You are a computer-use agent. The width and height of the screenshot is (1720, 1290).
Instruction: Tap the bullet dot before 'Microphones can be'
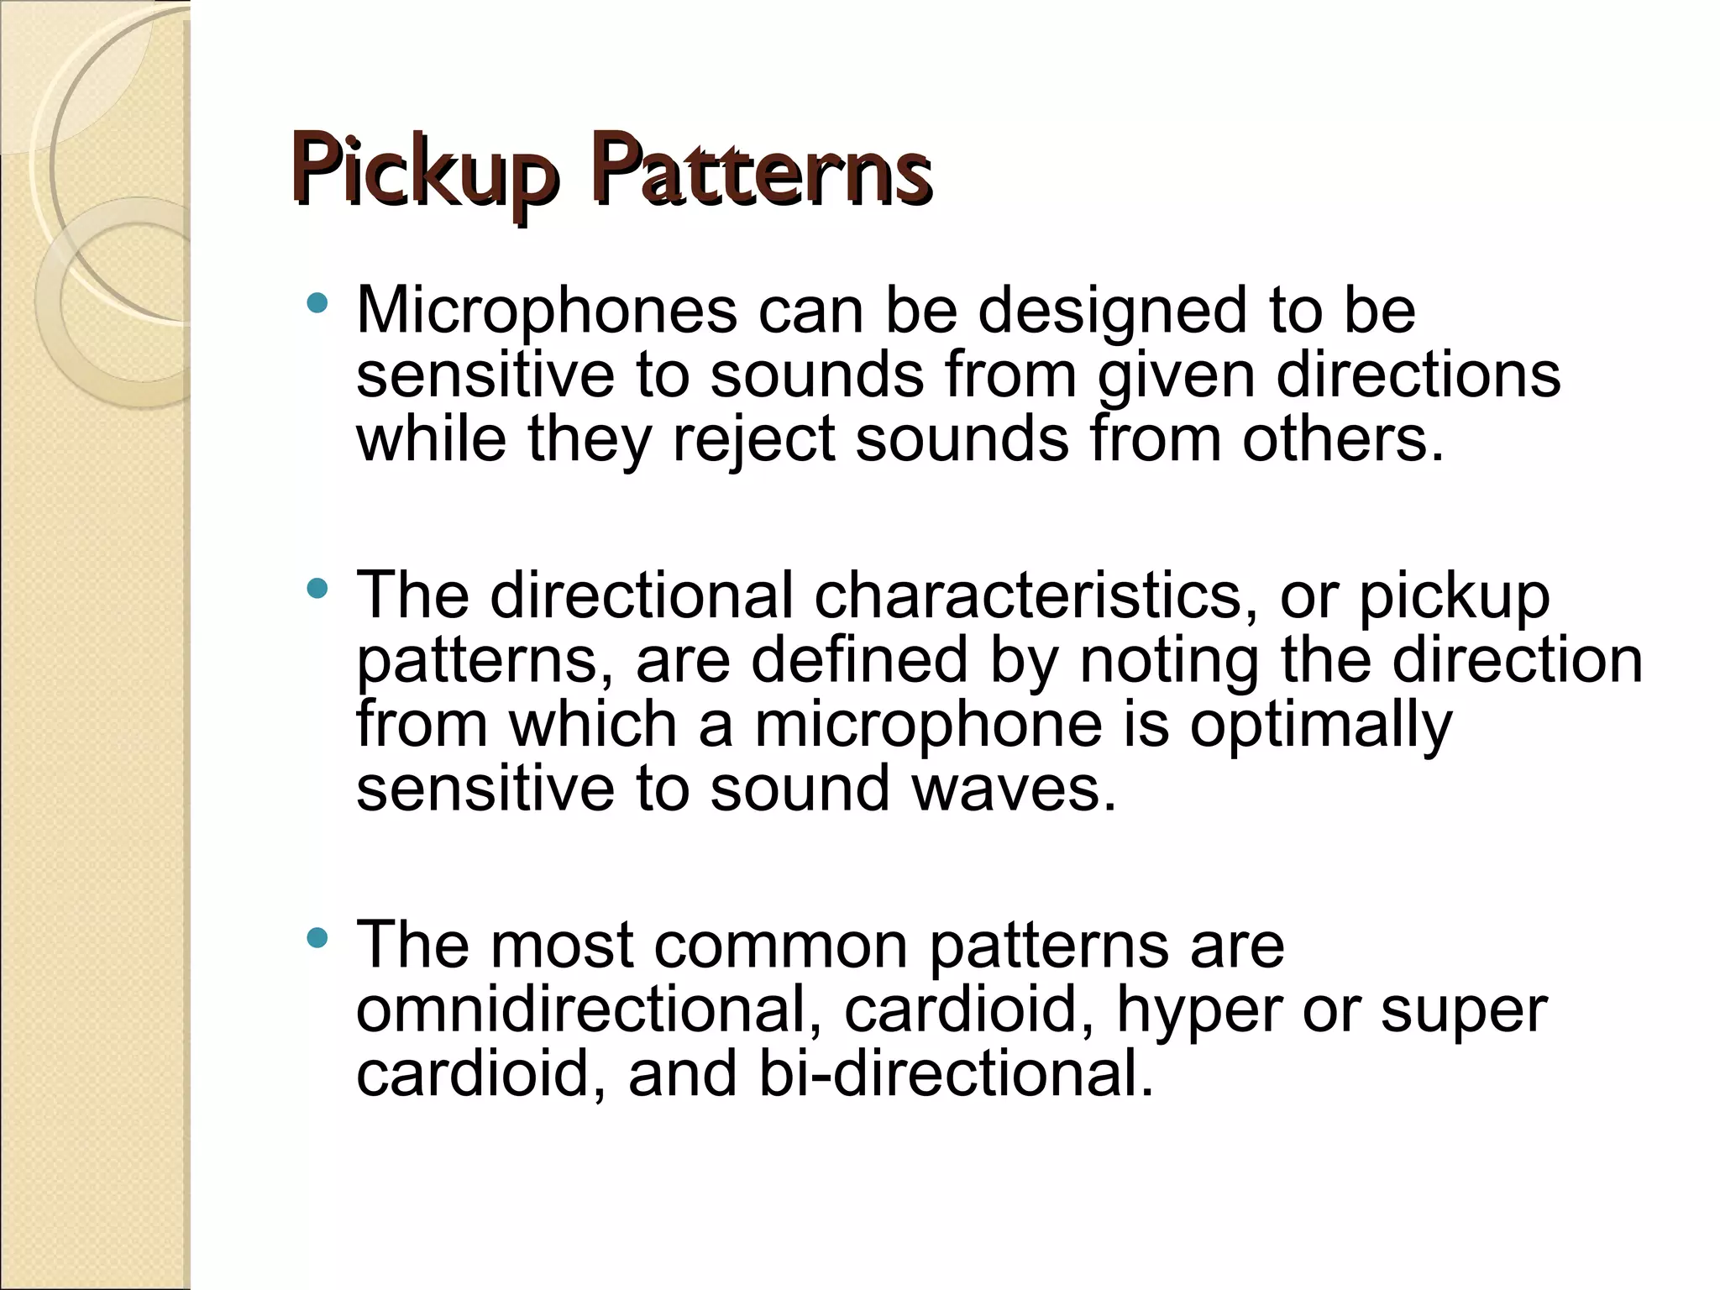point(317,304)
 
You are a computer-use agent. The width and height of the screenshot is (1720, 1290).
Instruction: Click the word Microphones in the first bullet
point(547,311)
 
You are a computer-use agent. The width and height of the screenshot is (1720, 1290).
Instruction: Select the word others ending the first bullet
point(1342,438)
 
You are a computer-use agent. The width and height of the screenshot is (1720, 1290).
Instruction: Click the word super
point(1464,1011)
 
